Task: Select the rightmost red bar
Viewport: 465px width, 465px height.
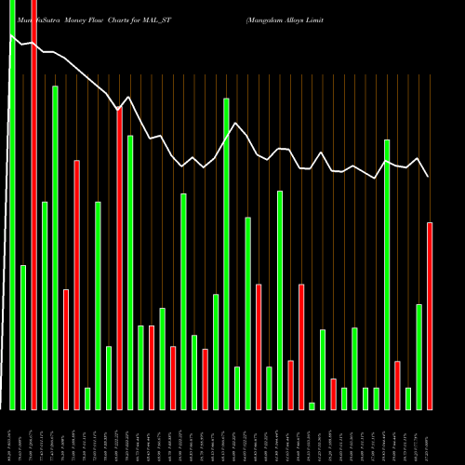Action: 430,316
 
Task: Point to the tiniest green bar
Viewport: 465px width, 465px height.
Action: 312,405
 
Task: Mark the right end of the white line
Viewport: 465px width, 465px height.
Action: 429,177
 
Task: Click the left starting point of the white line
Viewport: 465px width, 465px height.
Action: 11,37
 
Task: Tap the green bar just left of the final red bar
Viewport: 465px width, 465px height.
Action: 418,357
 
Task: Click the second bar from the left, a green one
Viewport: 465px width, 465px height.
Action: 23,337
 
